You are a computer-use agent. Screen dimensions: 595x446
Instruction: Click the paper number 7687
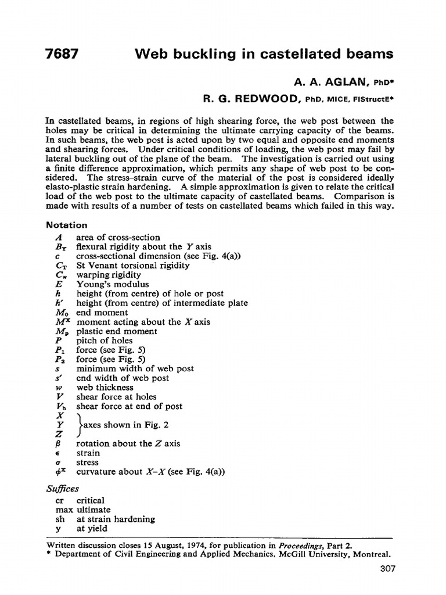point(62,55)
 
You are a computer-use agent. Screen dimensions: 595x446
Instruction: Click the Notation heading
point(67,225)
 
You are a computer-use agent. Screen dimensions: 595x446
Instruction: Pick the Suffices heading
point(62,489)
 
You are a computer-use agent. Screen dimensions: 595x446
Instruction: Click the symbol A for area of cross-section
point(59,238)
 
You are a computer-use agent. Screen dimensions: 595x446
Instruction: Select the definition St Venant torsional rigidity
point(133,266)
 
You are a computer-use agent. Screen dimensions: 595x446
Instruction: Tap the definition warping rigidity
point(109,275)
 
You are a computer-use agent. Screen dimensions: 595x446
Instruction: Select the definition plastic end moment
point(117,331)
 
